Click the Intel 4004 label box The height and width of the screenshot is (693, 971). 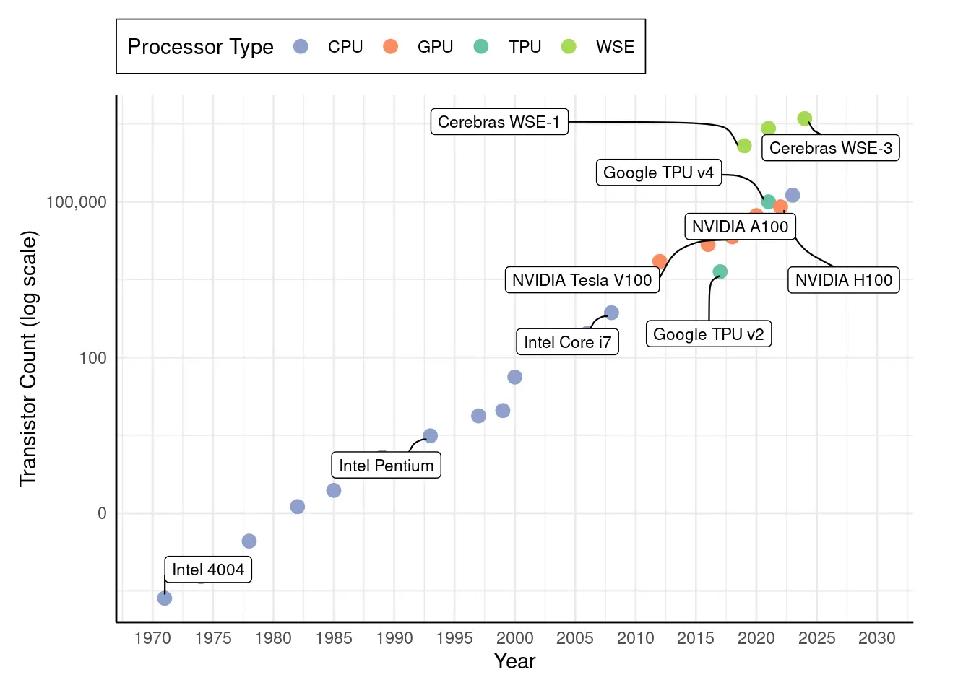pyautogui.click(x=208, y=570)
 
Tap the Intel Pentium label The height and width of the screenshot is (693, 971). pyautogui.click(x=386, y=466)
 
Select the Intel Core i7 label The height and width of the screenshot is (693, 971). pyautogui.click(x=567, y=342)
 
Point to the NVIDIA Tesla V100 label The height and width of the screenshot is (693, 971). pyautogui.click(x=582, y=280)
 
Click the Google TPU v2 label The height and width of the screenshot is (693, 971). pyautogui.click(x=708, y=334)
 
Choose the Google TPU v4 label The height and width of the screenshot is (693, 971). pyautogui.click(x=658, y=173)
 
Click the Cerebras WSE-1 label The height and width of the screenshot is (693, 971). pyautogui.click(x=499, y=122)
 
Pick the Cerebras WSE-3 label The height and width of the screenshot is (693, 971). pyautogui.click(x=830, y=148)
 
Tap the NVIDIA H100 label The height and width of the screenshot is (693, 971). pyautogui.click(x=843, y=280)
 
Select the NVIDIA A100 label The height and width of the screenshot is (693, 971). pyautogui.click(x=740, y=227)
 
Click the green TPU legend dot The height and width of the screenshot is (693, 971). pyautogui.click(x=481, y=47)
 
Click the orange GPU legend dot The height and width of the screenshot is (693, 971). pyautogui.click(x=391, y=47)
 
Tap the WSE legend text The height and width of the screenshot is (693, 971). pyautogui.click(x=615, y=47)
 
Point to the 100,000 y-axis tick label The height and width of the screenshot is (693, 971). pyautogui.click(x=76, y=202)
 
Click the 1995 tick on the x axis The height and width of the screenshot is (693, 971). pyautogui.click(x=454, y=638)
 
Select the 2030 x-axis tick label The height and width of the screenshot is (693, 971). pyautogui.click(x=876, y=638)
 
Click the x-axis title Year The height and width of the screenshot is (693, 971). pyautogui.click(x=514, y=661)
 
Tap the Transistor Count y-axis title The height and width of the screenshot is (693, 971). pyautogui.click(x=28, y=359)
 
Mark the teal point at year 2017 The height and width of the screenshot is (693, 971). pyautogui.click(x=720, y=271)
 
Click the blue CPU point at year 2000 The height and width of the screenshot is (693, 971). pyautogui.click(x=514, y=377)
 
